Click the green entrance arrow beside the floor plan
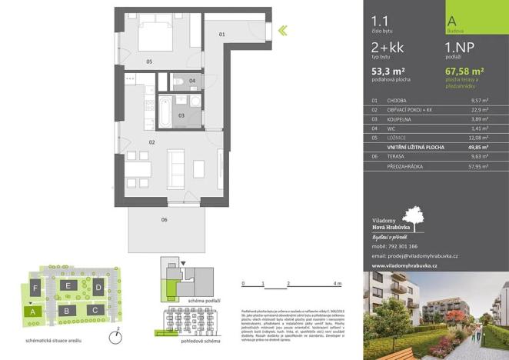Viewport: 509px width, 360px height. pyautogui.click(x=283, y=31)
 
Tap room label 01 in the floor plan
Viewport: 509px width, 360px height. pyautogui.click(x=221, y=35)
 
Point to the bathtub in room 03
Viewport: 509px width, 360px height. pyautogui.click(x=166, y=111)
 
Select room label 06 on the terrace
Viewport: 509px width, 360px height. pyautogui.click(x=164, y=219)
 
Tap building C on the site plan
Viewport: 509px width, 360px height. pyautogui.click(x=94, y=309)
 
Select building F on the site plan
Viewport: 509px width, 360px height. pyautogui.click(x=35, y=288)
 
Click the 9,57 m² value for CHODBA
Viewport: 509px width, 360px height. pyautogui.click(x=480, y=101)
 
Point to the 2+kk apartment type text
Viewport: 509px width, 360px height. pyautogui.click(x=387, y=48)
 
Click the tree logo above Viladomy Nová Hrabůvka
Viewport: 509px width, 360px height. pyautogui.click(x=412, y=218)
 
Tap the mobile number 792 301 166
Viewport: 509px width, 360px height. pyautogui.click(x=411, y=247)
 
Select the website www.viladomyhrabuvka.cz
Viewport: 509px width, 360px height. pyautogui.click(x=404, y=265)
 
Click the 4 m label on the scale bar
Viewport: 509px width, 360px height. pyautogui.click(x=338, y=285)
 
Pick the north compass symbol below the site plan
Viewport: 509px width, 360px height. pyautogui.click(x=114, y=335)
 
